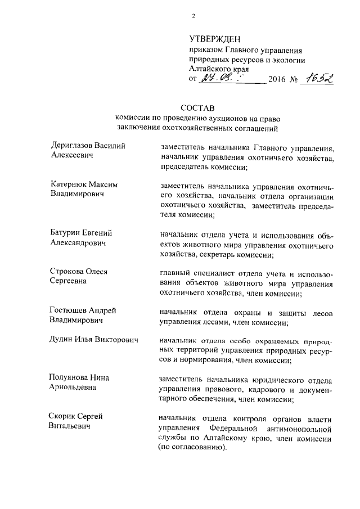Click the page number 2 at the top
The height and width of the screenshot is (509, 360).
(193, 16)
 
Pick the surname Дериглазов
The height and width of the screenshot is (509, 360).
(72, 145)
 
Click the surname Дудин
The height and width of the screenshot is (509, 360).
(63, 340)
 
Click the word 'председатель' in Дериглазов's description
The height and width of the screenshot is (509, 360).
(185, 168)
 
